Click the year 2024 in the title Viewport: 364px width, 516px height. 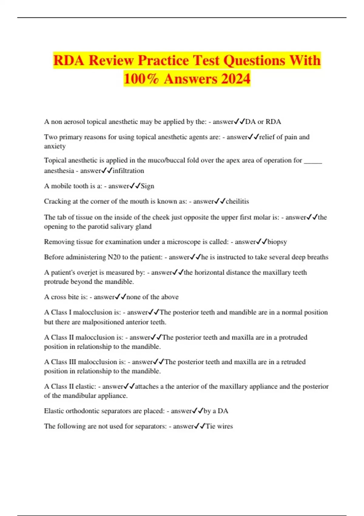[236, 79]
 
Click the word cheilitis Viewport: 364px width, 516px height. [237, 202]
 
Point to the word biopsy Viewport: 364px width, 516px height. [277, 242]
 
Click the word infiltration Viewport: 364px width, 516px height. [128, 171]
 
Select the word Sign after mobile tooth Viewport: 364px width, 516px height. [147, 186]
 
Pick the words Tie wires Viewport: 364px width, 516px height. [219, 426]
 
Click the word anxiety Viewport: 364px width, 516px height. [55, 146]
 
